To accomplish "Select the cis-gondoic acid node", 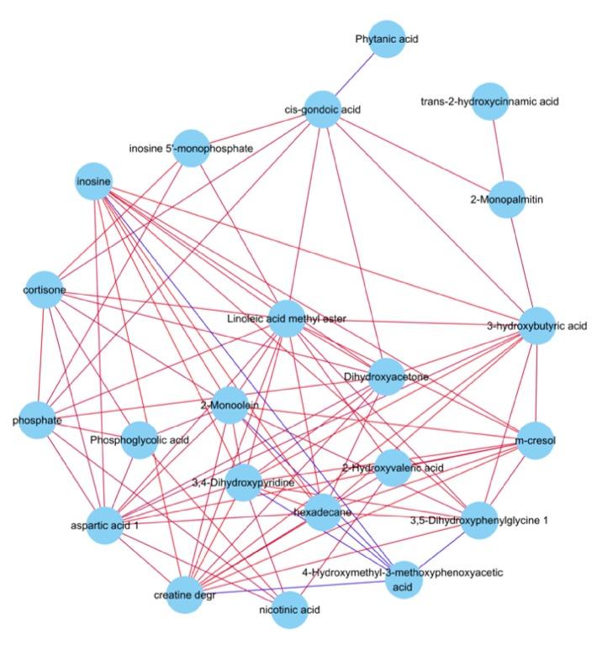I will [322, 109].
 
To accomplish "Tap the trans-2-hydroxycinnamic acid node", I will [490, 102].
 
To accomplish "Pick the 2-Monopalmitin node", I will [506, 199].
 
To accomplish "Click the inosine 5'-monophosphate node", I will [191, 148].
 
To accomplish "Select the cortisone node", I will [43, 290].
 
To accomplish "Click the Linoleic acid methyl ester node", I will [286, 319].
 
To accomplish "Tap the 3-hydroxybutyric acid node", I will [536, 325].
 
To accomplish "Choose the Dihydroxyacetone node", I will [386, 377].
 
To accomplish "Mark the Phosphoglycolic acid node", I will [140, 439].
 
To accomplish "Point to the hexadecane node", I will [322, 512].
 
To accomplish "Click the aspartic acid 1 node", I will [105, 526].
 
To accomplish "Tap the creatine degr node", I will [185, 596].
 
